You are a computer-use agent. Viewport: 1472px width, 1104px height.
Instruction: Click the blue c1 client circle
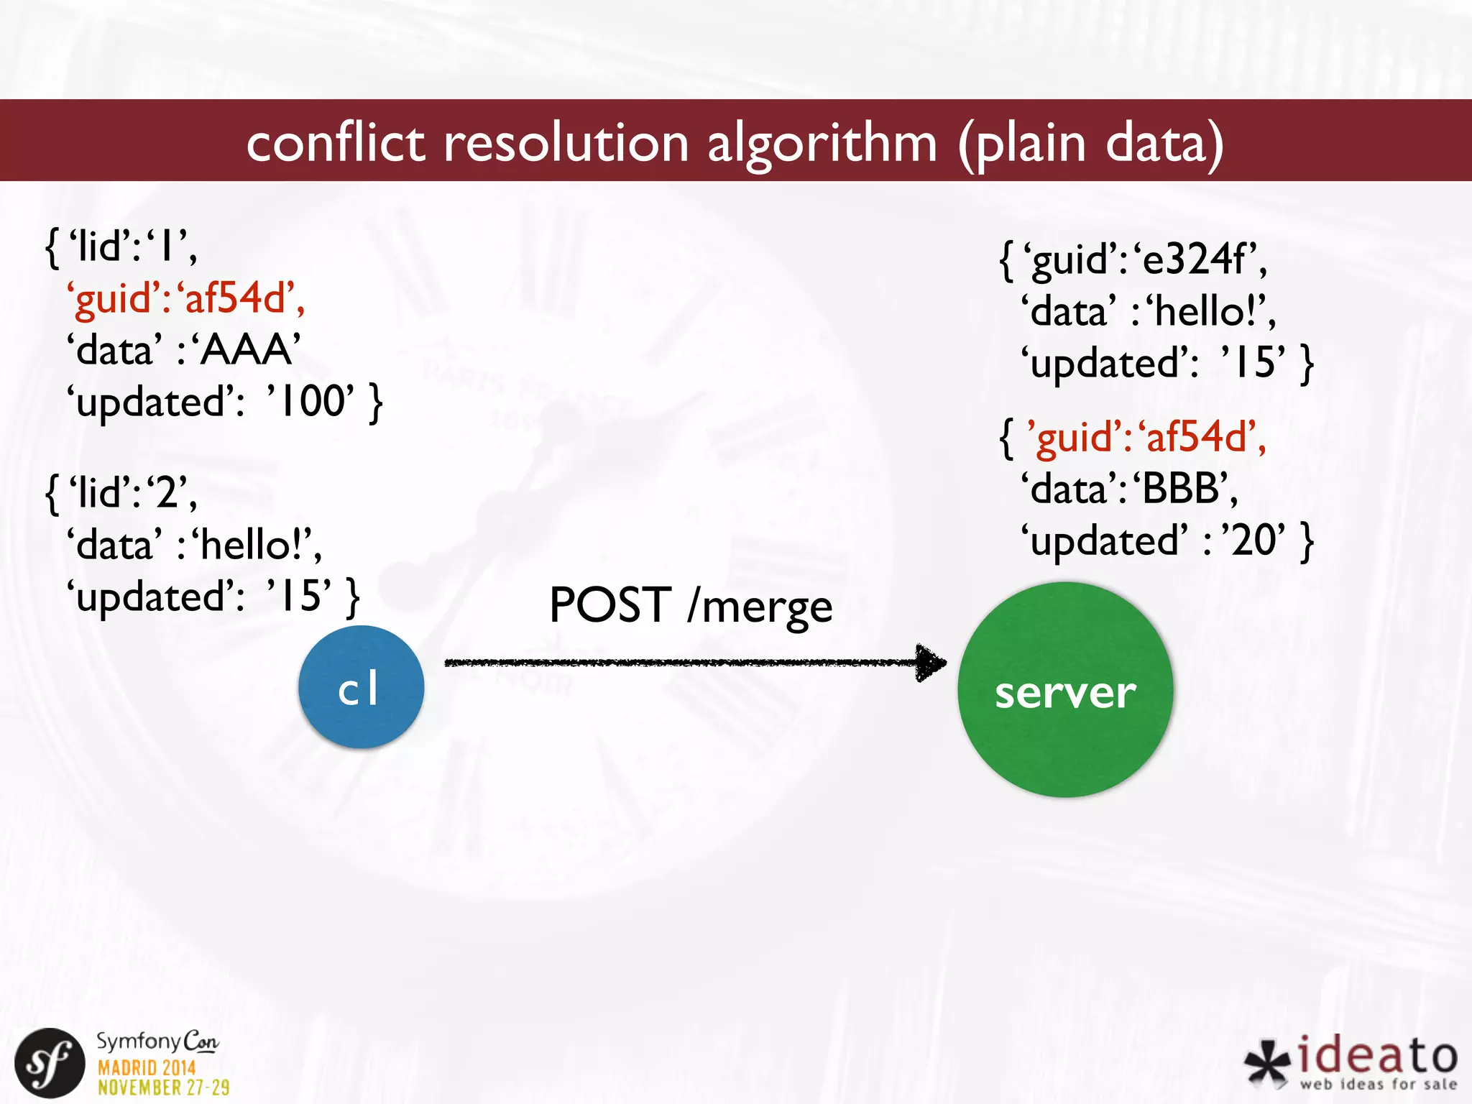click(361, 687)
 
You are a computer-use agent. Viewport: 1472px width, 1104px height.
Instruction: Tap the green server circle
click(1065, 690)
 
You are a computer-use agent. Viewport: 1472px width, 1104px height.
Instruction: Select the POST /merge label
click(690, 605)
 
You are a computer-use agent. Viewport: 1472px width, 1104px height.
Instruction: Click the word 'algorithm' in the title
click(822, 142)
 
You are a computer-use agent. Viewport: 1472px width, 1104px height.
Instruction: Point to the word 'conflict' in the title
click(335, 142)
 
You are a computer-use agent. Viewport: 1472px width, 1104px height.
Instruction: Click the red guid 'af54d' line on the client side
click(185, 298)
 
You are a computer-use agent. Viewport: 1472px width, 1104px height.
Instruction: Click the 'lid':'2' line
click(122, 493)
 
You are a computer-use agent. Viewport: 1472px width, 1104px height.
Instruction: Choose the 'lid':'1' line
click(122, 247)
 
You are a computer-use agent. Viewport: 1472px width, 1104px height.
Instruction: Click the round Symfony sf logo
click(50, 1063)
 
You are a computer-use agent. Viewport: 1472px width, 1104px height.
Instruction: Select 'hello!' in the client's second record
click(256, 545)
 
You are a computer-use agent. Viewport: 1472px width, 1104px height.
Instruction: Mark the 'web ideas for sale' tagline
click(1377, 1084)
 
